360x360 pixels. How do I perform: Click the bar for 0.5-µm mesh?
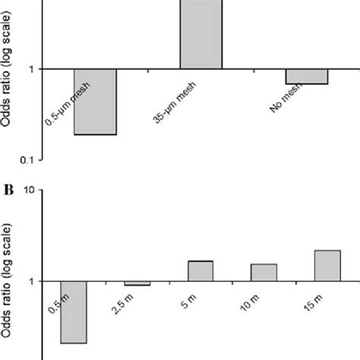click(95, 102)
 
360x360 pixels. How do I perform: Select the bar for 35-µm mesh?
click(201, 35)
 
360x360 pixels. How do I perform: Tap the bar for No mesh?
click(307, 77)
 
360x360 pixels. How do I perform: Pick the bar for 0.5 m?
click(74, 312)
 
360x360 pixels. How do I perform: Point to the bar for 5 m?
click(201, 271)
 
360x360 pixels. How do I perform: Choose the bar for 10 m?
click(264, 273)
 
